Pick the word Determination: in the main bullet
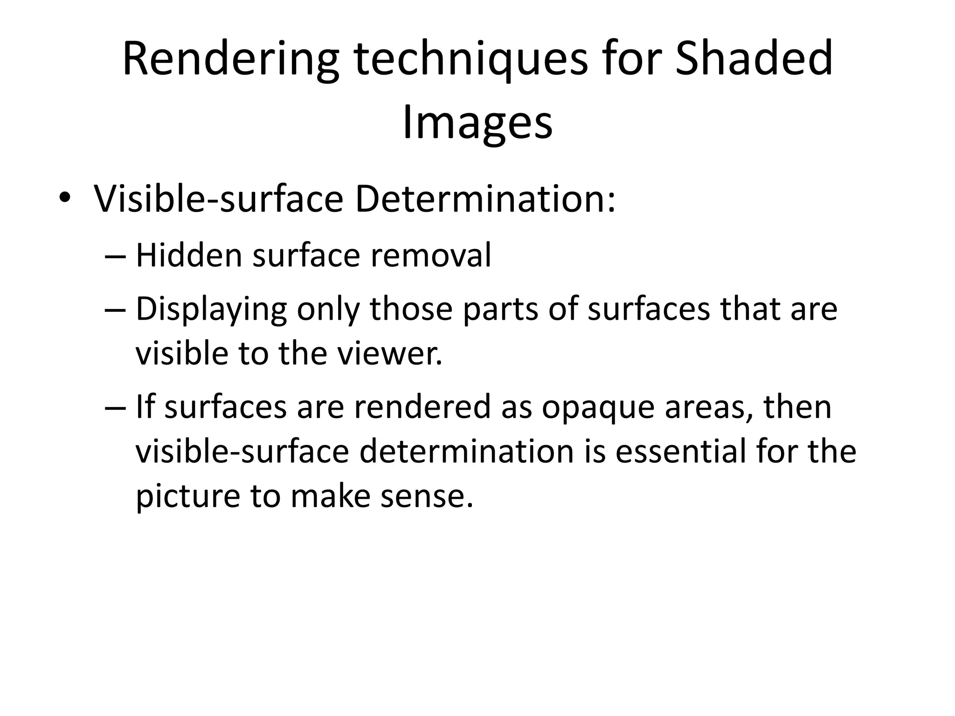(485, 199)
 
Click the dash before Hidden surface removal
(115, 256)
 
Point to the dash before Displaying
(115, 310)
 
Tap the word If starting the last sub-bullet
(145, 406)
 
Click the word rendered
(422, 406)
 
